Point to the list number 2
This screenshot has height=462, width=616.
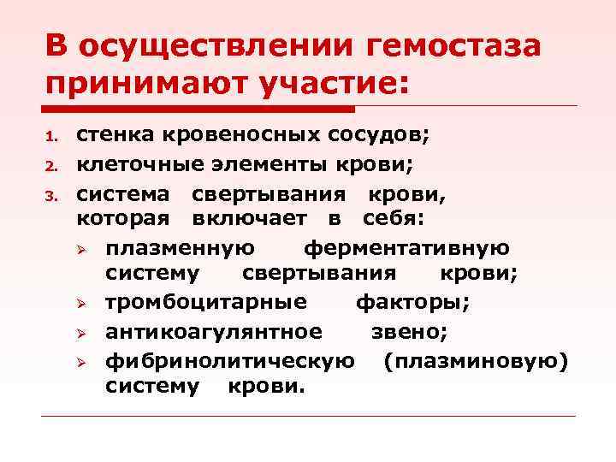(x=51, y=165)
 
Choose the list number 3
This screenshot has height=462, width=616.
(x=51, y=193)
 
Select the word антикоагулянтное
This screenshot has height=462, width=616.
(x=214, y=330)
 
